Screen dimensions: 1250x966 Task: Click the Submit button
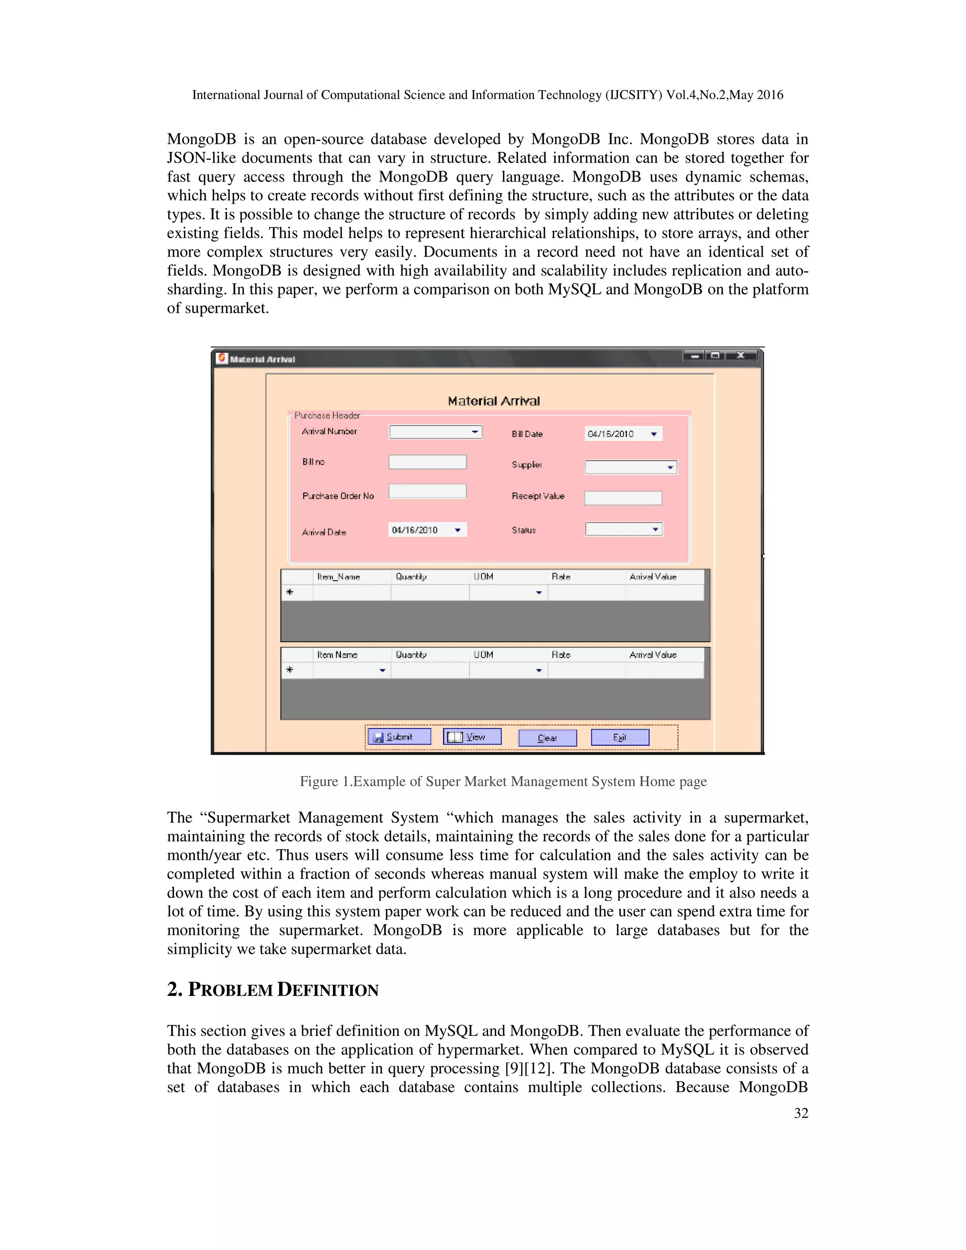tap(399, 737)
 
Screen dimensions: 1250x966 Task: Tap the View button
tap(472, 737)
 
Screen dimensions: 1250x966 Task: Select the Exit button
tap(620, 737)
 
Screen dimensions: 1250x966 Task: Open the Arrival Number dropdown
tap(435, 432)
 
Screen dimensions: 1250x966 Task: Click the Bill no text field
tap(427, 462)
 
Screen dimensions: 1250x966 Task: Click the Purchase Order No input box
tap(427, 491)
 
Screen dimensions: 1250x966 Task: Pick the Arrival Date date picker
tap(427, 530)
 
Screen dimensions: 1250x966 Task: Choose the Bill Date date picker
tap(623, 434)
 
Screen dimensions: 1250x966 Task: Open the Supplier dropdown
tap(631, 467)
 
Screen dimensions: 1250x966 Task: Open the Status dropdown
tap(624, 529)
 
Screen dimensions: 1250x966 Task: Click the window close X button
tap(741, 356)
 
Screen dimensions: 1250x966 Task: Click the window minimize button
tap(695, 356)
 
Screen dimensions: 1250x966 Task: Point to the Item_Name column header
tap(339, 577)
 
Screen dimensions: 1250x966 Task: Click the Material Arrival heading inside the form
tap(493, 400)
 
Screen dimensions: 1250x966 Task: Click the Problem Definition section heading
tap(273, 990)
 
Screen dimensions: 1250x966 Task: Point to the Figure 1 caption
tap(503, 781)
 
